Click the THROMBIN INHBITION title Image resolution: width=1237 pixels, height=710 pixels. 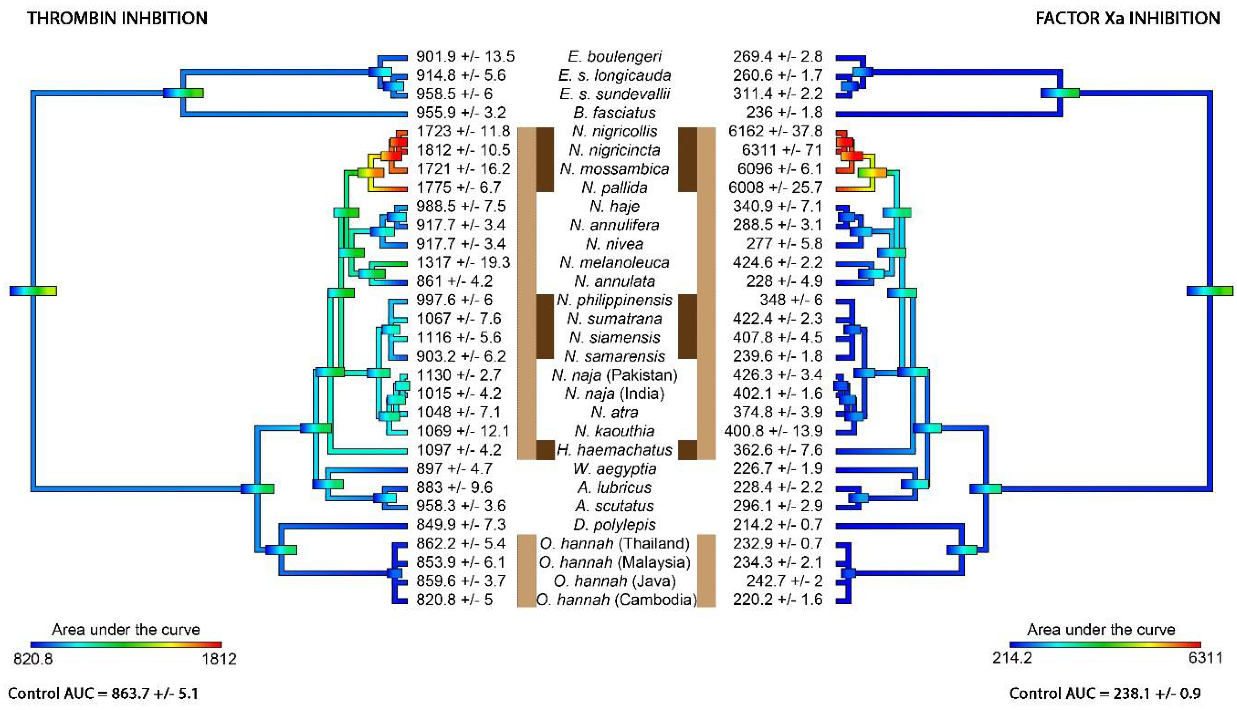pos(117,18)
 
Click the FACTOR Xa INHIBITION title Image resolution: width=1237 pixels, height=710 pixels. pos(1127,18)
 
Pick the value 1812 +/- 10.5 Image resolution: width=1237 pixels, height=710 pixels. pos(463,150)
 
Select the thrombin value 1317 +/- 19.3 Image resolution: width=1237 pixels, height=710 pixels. pos(463,262)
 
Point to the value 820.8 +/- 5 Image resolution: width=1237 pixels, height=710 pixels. pos(454,599)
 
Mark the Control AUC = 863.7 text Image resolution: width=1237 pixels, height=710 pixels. pos(103,693)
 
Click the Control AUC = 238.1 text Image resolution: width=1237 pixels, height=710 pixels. pos(1104,693)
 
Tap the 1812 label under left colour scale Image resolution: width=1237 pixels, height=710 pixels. pos(219,659)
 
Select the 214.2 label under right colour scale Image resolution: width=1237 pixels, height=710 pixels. pos(1012,658)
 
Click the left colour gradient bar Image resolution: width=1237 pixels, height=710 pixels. pos(126,645)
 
